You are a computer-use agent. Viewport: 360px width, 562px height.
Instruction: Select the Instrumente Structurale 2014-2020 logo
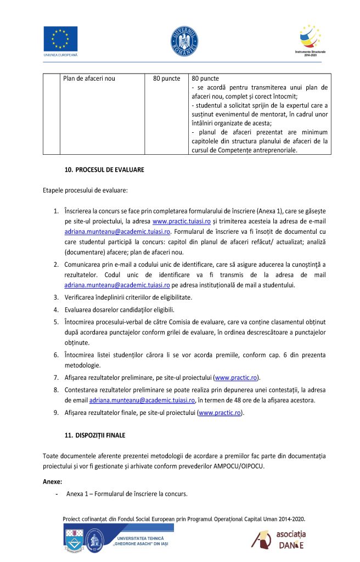310,38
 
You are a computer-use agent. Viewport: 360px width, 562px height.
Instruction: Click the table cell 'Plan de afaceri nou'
89,78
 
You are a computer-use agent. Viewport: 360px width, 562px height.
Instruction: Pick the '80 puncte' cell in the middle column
167,78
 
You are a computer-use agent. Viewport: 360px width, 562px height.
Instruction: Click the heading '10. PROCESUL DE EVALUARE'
104,170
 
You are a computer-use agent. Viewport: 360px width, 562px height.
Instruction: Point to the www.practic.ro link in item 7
237,378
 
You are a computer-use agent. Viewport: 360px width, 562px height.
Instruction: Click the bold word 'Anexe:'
53,481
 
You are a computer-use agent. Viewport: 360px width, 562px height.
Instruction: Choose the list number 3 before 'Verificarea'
56,297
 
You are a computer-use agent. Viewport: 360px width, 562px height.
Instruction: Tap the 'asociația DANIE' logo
279,540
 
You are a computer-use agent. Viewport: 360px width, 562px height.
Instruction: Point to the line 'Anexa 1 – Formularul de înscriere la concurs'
127,494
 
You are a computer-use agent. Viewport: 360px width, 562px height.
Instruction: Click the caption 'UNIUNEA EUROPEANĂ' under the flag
60,55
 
